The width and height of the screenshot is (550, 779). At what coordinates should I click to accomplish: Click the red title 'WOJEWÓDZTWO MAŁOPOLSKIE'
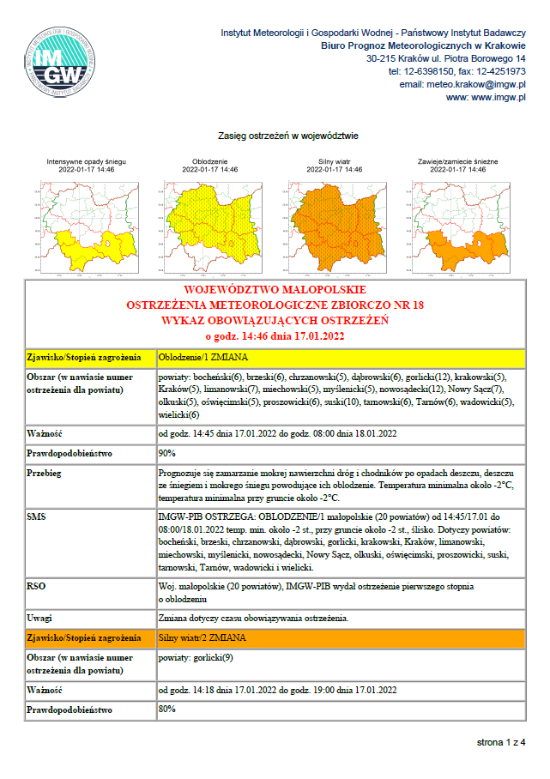[x=275, y=289]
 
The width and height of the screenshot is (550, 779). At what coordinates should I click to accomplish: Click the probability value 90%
[x=167, y=452]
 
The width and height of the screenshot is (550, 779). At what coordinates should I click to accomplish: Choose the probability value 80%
[x=167, y=710]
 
